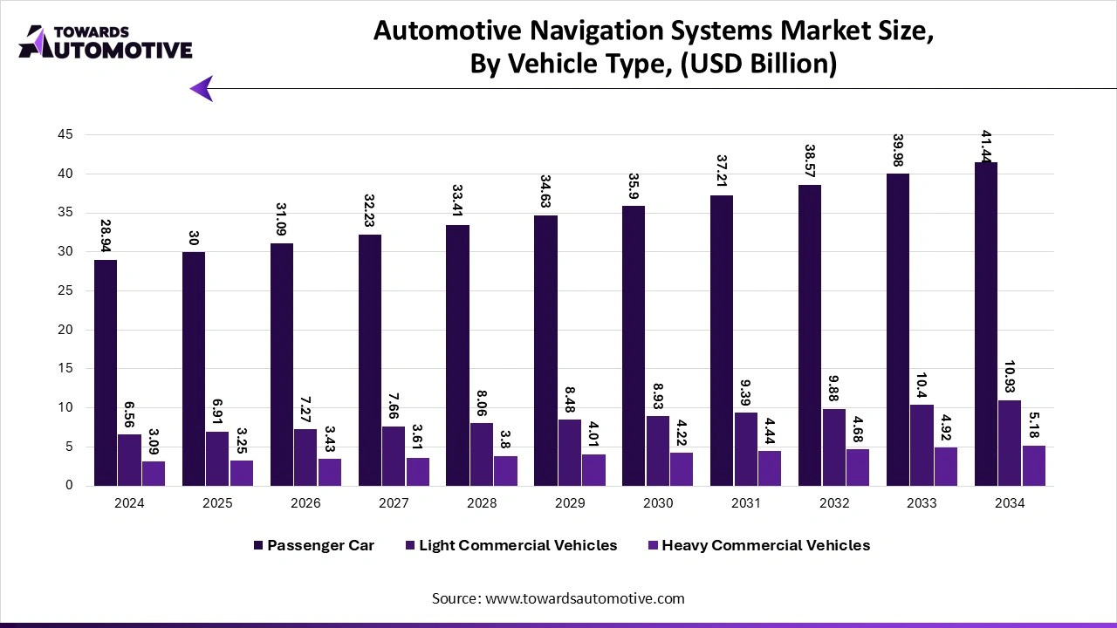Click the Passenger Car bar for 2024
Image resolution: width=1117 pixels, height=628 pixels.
106,372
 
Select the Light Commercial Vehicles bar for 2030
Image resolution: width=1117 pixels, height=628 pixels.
658,451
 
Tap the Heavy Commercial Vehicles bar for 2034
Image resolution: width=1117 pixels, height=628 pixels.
1033,466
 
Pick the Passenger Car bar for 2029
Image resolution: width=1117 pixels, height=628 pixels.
545,351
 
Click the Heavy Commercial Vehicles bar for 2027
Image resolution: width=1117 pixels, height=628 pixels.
418,472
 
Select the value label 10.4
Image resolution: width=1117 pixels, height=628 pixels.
922,384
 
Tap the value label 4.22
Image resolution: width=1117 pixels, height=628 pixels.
682,433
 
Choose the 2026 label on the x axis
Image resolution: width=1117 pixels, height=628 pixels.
305,503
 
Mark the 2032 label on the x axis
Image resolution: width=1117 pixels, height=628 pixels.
833,503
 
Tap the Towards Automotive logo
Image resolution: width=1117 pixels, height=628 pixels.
105,42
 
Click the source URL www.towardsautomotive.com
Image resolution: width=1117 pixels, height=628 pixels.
585,598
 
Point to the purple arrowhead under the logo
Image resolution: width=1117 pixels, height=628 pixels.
202,88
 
